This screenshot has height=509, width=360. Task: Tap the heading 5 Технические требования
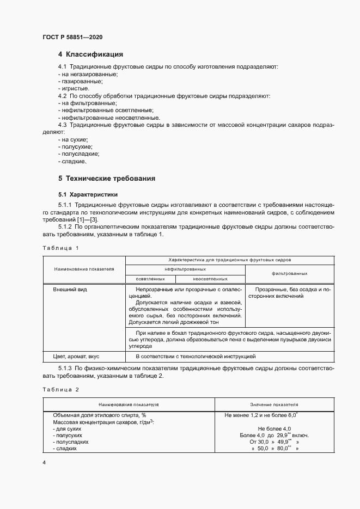107,178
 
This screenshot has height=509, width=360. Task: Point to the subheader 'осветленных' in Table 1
150,278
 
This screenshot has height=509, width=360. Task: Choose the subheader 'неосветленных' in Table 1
210,278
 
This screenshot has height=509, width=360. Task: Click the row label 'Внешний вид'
70,290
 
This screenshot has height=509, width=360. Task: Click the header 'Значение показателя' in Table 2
274,405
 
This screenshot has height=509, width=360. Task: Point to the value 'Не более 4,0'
274,429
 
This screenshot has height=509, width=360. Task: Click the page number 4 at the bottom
44,462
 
